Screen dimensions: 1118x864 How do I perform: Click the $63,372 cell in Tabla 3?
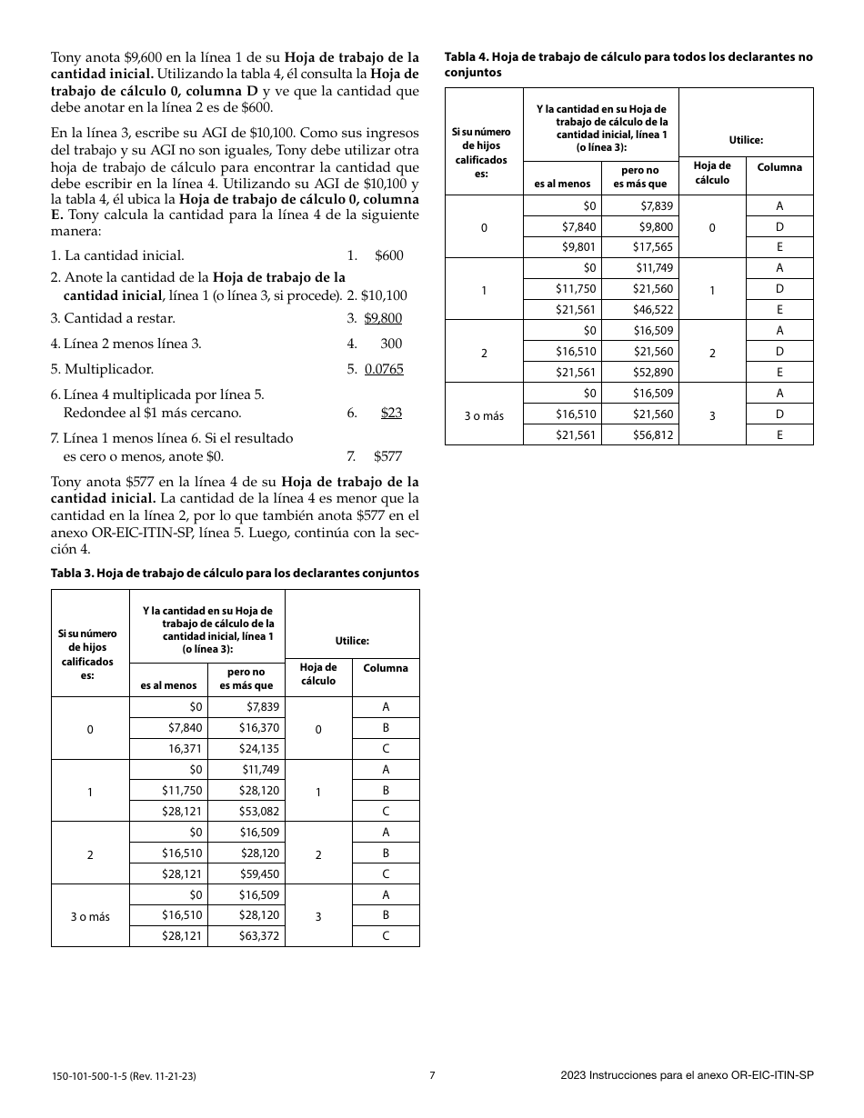click(x=259, y=936)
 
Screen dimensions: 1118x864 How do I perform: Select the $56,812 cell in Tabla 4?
click(x=653, y=434)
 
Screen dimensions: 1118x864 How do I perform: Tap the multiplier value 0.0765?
click(x=384, y=369)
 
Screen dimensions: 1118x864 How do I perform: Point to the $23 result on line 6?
click(x=391, y=413)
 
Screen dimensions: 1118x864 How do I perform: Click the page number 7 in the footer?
click(x=432, y=1075)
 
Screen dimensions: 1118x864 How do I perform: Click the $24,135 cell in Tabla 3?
click(x=259, y=749)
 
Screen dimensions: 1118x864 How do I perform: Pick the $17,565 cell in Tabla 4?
click(x=653, y=247)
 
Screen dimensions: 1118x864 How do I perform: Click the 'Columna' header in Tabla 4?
click(x=779, y=167)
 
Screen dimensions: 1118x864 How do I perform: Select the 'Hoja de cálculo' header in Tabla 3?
click(x=318, y=674)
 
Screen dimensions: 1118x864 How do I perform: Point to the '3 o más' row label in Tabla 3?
click(x=90, y=916)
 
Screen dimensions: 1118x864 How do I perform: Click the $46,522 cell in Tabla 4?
click(x=653, y=310)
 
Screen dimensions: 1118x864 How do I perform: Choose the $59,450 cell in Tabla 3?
click(x=259, y=874)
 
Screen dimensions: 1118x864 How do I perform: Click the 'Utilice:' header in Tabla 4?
click(x=746, y=140)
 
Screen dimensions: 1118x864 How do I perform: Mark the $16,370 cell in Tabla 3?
click(x=259, y=728)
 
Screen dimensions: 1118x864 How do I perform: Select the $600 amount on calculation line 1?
click(x=388, y=256)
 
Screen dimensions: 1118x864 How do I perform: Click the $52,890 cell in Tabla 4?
click(x=653, y=373)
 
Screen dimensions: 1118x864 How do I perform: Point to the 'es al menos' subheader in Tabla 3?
click(x=168, y=685)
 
